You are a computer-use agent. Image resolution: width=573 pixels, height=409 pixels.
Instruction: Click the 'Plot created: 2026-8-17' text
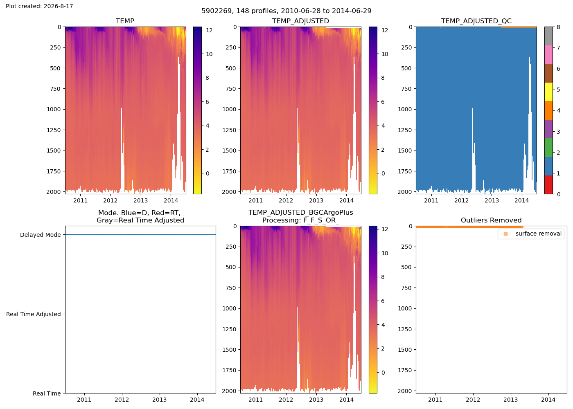tap(39, 6)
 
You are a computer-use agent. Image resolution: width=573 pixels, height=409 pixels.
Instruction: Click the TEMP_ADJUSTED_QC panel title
tap(476, 21)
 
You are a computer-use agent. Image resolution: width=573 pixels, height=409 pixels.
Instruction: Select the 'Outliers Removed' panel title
tap(491, 220)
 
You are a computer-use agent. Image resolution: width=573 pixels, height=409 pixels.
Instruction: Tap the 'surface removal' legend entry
tap(538, 234)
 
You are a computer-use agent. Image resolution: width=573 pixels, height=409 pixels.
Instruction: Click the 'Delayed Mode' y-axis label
tap(41, 235)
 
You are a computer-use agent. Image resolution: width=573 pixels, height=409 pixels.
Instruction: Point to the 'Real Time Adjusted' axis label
tap(34, 314)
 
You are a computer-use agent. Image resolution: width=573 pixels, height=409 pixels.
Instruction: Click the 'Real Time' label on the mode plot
tap(47, 393)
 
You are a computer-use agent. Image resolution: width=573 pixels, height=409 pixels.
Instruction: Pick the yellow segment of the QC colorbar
tap(548, 92)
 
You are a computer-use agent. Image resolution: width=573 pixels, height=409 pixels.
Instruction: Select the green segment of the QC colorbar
tap(548, 148)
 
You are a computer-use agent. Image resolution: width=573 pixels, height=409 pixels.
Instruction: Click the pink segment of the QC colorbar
tap(548, 55)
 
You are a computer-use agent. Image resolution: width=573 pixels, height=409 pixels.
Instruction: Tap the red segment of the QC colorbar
tap(548, 185)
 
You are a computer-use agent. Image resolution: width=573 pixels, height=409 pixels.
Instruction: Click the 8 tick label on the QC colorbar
tap(558, 27)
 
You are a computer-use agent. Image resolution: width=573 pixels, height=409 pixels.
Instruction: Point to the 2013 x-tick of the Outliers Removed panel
tap(511, 400)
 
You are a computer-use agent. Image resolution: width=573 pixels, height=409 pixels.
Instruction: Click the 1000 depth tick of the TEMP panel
tap(54, 110)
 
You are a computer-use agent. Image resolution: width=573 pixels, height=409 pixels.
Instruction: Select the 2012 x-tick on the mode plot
tap(122, 400)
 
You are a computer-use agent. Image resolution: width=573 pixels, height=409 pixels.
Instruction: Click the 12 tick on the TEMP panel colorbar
tap(209, 30)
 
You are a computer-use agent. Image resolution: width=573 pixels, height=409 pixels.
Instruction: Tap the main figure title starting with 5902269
tap(286, 11)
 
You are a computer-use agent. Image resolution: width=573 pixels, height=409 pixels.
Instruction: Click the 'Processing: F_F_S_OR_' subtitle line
tap(300, 220)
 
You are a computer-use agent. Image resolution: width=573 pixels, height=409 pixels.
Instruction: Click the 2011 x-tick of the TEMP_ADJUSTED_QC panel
tap(431, 200)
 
